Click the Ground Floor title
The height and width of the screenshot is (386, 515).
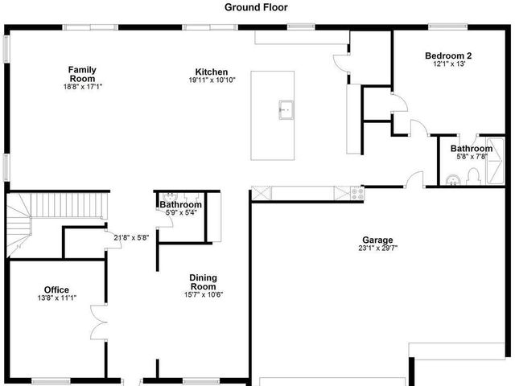click(x=257, y=7)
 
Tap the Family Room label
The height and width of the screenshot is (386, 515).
click(x=82, y=74)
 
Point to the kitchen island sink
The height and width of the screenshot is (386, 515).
click(x=285, y=109)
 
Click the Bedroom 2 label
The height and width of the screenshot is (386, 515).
click(x=448, y=55)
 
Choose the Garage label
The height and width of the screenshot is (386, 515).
click(x=377, y=240)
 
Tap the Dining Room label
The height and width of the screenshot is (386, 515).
click(x=203, y=282)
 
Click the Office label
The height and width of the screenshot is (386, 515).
click(x=56, y=289)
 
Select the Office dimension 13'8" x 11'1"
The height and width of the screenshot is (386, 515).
click(x=56, y=298)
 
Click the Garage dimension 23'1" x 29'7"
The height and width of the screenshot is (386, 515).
click(x=377, y=248)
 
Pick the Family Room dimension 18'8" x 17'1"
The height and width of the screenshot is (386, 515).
click(x=82, y=88)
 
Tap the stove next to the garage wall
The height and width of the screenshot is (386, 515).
click(x=356, y=193)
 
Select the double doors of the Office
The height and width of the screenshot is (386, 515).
click(x=98, y=322)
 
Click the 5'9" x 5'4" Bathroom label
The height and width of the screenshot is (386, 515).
click(x=180, y=205)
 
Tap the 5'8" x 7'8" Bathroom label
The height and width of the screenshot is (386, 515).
click(x=471, y=149)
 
